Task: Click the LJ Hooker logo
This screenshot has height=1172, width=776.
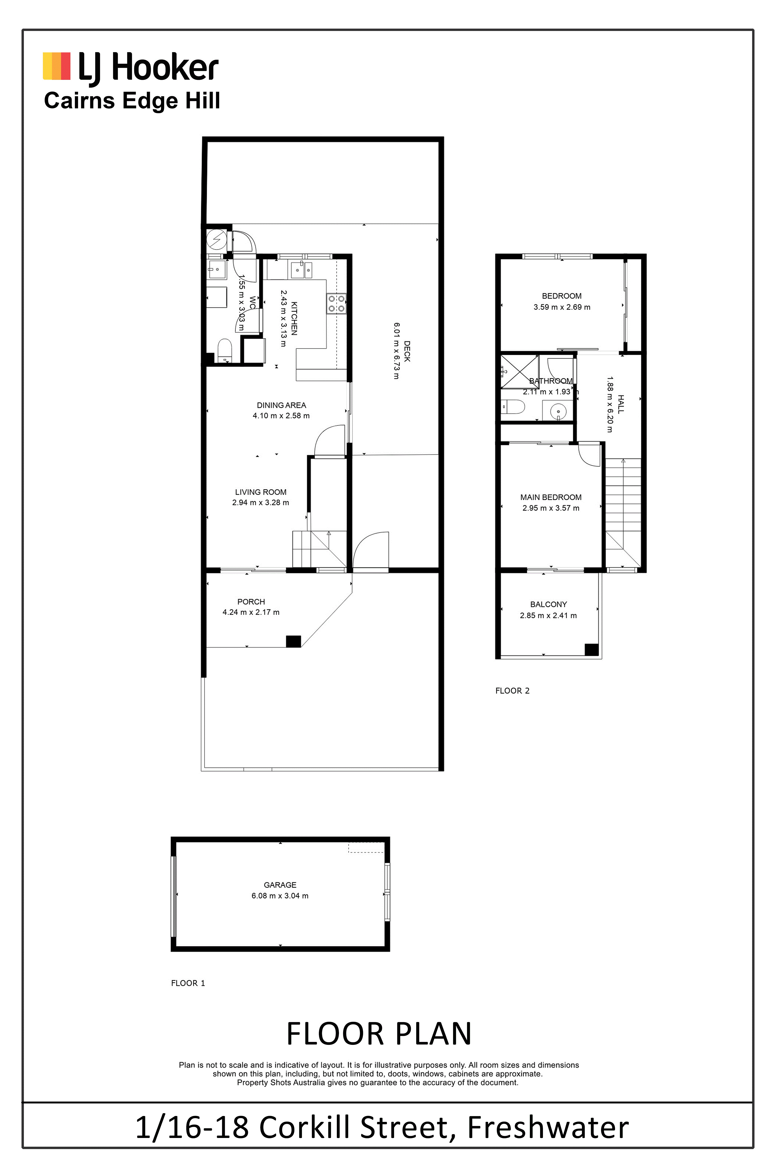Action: (131, 67)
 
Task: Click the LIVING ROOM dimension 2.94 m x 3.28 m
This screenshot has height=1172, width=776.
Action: (261, 502)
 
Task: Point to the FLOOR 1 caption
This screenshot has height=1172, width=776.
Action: (188, 983)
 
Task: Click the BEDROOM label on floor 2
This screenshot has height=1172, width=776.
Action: (562, 296)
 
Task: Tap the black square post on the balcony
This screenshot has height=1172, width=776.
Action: (591, 649)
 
